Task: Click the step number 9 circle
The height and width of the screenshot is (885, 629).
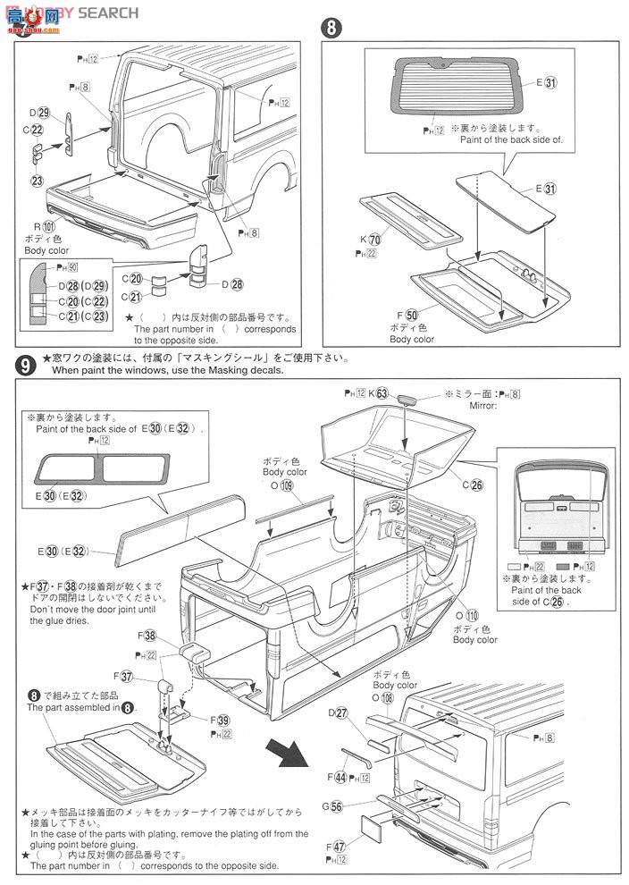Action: [25, 364]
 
